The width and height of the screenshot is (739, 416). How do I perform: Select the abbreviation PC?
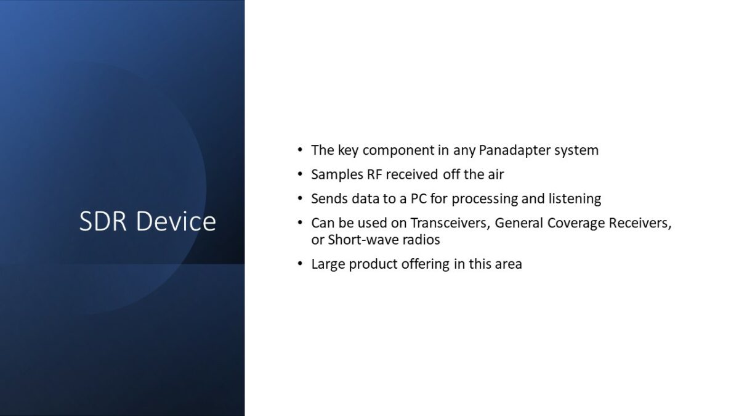point(419,198)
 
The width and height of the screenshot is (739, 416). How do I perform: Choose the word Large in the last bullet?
point(328,264)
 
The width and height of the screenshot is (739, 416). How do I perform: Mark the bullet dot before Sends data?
point(300,198)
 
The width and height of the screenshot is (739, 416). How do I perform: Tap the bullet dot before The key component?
point(300,150)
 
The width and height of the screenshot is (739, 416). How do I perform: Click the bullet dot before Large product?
point(300,264)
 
